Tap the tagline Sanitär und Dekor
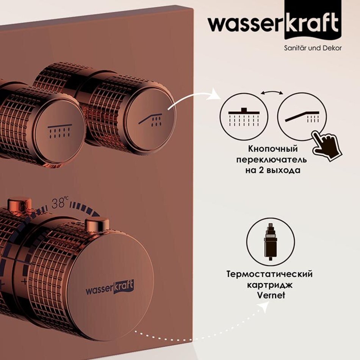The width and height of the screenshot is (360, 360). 313,48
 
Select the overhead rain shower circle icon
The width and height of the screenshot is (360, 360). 244,116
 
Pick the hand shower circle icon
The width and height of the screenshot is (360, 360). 302,116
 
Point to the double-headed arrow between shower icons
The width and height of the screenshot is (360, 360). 272,92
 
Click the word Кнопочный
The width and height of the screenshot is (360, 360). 273,149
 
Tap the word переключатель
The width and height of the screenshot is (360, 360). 272,160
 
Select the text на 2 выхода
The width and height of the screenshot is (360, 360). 272,171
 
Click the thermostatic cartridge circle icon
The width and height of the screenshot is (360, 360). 271,242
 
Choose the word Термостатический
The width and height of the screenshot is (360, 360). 269,274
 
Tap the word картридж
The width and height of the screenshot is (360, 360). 269,285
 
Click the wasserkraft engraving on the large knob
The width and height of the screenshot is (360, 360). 110,288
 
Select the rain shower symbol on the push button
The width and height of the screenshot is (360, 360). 59,131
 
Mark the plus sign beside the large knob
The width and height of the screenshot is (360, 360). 24,281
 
